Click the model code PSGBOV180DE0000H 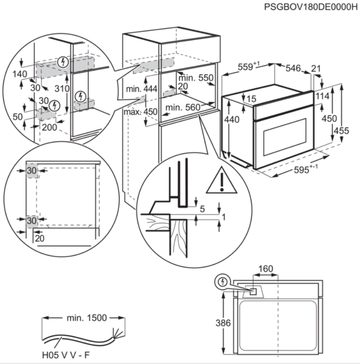pos(311,8)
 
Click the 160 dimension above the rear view pos(265,269)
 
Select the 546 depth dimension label pos(293,68)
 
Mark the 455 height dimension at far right pos(342,131)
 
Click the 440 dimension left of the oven pos(232,120)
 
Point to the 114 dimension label pos(323,96)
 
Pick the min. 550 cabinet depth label pos(196,78)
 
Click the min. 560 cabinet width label pos(182,107)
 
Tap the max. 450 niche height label pos(140,112)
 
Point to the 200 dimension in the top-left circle pos(49,127)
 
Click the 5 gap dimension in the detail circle pos(202,208)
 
